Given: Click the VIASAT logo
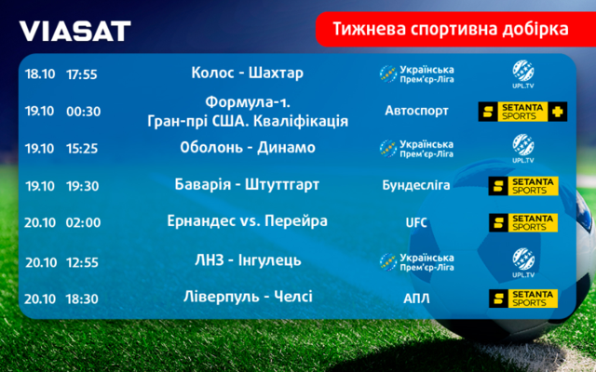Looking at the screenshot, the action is click(x=74, y=31).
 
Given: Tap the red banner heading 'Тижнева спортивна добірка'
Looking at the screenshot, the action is click(x=451, y=29).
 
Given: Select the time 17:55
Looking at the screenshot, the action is click(x=82, y=74).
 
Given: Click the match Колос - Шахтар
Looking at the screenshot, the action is click(x=247, y=73).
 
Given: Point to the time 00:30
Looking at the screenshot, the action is click(x=83, y=112).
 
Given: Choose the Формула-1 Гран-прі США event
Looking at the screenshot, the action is click(x=248, y=112).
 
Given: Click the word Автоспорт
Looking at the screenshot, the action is click(x=416, y=111).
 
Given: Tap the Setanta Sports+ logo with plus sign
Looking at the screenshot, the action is click(x=522, y=112).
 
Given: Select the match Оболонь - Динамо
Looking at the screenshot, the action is click(x=248, y=147).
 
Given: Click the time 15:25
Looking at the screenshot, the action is click(x=82, y=149).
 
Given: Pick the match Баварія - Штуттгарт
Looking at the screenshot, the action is click(x=247, y=185).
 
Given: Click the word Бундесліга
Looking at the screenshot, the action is click(x=416, y=185).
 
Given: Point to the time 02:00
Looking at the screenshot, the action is click(x=83, y=222).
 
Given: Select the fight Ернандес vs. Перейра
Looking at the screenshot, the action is click(x=247, y=221).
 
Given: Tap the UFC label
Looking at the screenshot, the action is click(x=416, y=223).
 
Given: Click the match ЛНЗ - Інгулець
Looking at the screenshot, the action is click(x=248, y=260).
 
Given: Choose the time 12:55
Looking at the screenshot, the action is click(x=82, y=262).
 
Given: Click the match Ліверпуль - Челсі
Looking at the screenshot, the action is click(x=248, y=297).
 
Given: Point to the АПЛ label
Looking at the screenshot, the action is click(x=416, y=299).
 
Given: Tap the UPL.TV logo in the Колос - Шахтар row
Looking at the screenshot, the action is click(x=523, y=74).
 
